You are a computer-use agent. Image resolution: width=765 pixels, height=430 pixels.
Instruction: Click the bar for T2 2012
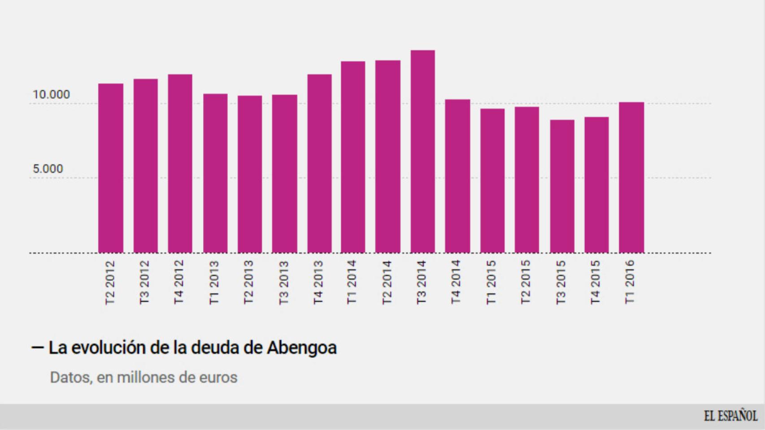(x=111, y=168)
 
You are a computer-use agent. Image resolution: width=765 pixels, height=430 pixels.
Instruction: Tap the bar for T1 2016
(x=631, y=177)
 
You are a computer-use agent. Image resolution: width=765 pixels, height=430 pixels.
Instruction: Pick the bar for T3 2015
(x=562, y=186)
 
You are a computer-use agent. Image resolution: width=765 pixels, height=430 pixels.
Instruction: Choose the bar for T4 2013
(x=319, y=163)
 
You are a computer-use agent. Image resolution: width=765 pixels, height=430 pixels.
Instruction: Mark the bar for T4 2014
(x=457, y=176)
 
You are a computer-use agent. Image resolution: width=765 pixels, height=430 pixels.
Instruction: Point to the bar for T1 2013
(x=215, y=173)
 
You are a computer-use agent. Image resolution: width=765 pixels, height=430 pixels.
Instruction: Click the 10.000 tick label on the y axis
(x=51, y=95)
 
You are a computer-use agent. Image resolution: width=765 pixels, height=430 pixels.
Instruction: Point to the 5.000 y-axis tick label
(x=48, y=169)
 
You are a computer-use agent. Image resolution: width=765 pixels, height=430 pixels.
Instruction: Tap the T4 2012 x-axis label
(x=179, y=282)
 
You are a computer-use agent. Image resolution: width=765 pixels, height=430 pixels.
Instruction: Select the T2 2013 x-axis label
(x=249, y=282)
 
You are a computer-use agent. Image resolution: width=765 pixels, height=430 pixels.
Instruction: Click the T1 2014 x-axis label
(x=352, y=282)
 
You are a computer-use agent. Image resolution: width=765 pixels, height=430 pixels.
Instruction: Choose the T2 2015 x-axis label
(x=526, y=282)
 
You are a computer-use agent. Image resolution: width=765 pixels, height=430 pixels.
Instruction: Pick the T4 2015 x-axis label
(x=595, y=282)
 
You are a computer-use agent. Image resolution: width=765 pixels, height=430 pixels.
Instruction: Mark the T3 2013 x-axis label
(x=284, y=282)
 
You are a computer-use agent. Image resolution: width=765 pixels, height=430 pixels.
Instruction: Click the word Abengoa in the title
(x=301, y=348)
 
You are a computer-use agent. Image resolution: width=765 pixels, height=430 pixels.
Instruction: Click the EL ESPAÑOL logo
(x=730, y=416)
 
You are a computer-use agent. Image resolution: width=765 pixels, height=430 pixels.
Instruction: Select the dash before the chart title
(x=37, y=348)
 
